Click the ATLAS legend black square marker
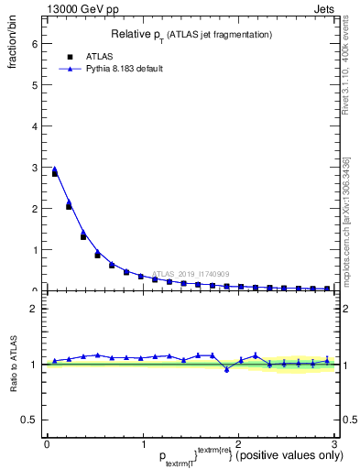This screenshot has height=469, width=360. [x=70, y=56]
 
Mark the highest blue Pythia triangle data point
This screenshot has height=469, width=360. [x=54, y=169]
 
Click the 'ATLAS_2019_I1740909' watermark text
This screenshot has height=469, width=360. [x=192, y=273]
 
